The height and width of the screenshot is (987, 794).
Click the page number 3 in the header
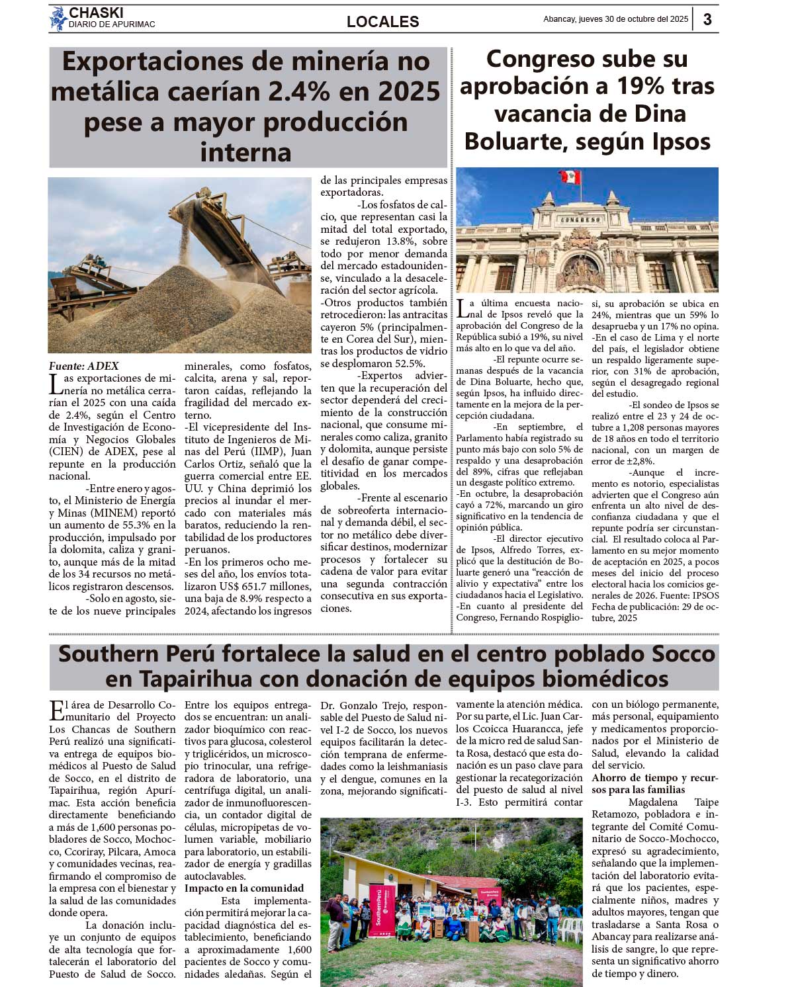[707, 19]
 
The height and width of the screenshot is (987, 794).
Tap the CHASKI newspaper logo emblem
[58, 18]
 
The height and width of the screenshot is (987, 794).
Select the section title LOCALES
[382, 22]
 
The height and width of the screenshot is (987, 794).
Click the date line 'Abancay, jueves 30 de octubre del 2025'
[615, 19]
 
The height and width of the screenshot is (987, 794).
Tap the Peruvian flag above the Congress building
[569, 177]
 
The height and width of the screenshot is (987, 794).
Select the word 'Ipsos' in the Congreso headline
[680, 142]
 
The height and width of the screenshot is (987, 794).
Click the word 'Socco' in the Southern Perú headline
[684, 654]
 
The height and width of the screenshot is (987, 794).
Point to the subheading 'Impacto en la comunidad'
[244, 888]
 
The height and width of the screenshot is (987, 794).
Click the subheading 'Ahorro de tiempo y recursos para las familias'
[654, 784]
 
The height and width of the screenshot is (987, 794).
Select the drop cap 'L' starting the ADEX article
[55, 383]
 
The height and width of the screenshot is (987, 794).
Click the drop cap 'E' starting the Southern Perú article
[56, 710]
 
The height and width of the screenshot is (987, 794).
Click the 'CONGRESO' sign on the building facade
[581, 220]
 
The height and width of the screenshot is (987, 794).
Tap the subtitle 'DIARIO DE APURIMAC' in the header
[112, 24]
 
